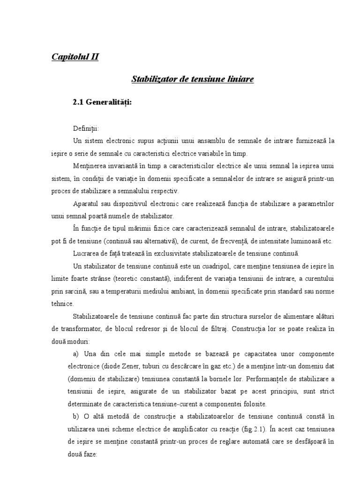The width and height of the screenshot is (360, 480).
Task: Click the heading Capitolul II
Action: (x=75, y=57)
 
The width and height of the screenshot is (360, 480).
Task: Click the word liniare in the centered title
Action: (x=240, y=79)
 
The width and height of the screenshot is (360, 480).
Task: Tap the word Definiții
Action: (x=86, y=128)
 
